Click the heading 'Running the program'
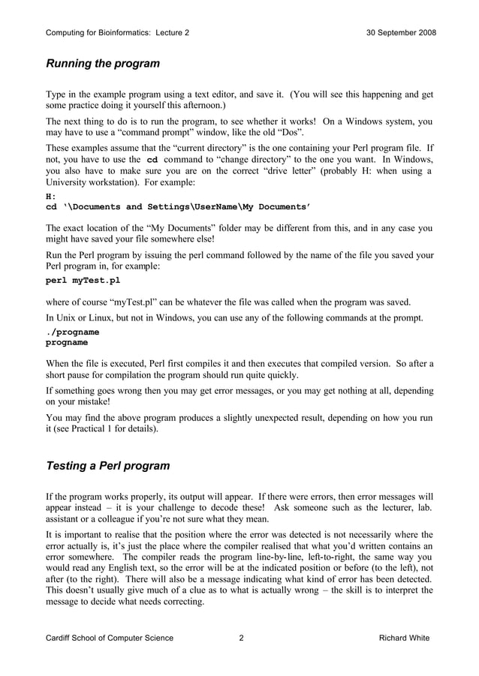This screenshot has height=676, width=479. [103, 64]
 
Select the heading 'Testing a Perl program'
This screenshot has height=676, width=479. [108, 466]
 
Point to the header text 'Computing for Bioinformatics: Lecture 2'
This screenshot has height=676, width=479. [118, 33]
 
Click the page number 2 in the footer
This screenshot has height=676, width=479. [241, 638]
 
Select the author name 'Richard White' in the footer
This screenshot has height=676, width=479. [405, 638]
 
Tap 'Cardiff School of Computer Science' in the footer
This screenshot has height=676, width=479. [110, 638]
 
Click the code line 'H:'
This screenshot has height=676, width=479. [51, 197]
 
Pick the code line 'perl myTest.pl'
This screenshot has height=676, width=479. [83, 281]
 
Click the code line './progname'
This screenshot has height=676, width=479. [73, 332]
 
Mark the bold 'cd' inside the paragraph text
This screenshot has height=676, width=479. [152, 160]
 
